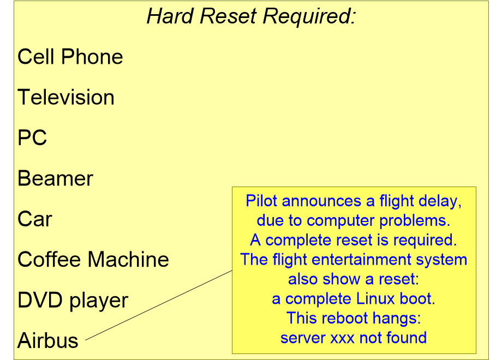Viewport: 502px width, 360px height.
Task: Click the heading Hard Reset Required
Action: click(251, 17)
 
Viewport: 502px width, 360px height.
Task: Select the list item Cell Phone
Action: click(70, 57)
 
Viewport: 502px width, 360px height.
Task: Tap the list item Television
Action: click(66, 98)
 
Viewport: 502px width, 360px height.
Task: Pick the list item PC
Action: click(32, 138)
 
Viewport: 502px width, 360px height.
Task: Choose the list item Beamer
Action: click(56, 178)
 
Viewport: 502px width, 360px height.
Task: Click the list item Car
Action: click(35, 219)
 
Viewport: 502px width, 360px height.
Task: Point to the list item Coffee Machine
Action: click(93, 260)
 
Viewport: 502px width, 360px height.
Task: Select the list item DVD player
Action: click(73, 301)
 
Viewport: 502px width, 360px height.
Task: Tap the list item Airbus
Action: click(48, 341)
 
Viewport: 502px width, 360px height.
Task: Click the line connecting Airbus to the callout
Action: click(158, 305)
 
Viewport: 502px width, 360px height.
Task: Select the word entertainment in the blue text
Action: click(357, 260)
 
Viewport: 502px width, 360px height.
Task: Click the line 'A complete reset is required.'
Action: click(354, 240)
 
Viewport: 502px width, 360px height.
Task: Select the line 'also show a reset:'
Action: click(354, 279)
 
